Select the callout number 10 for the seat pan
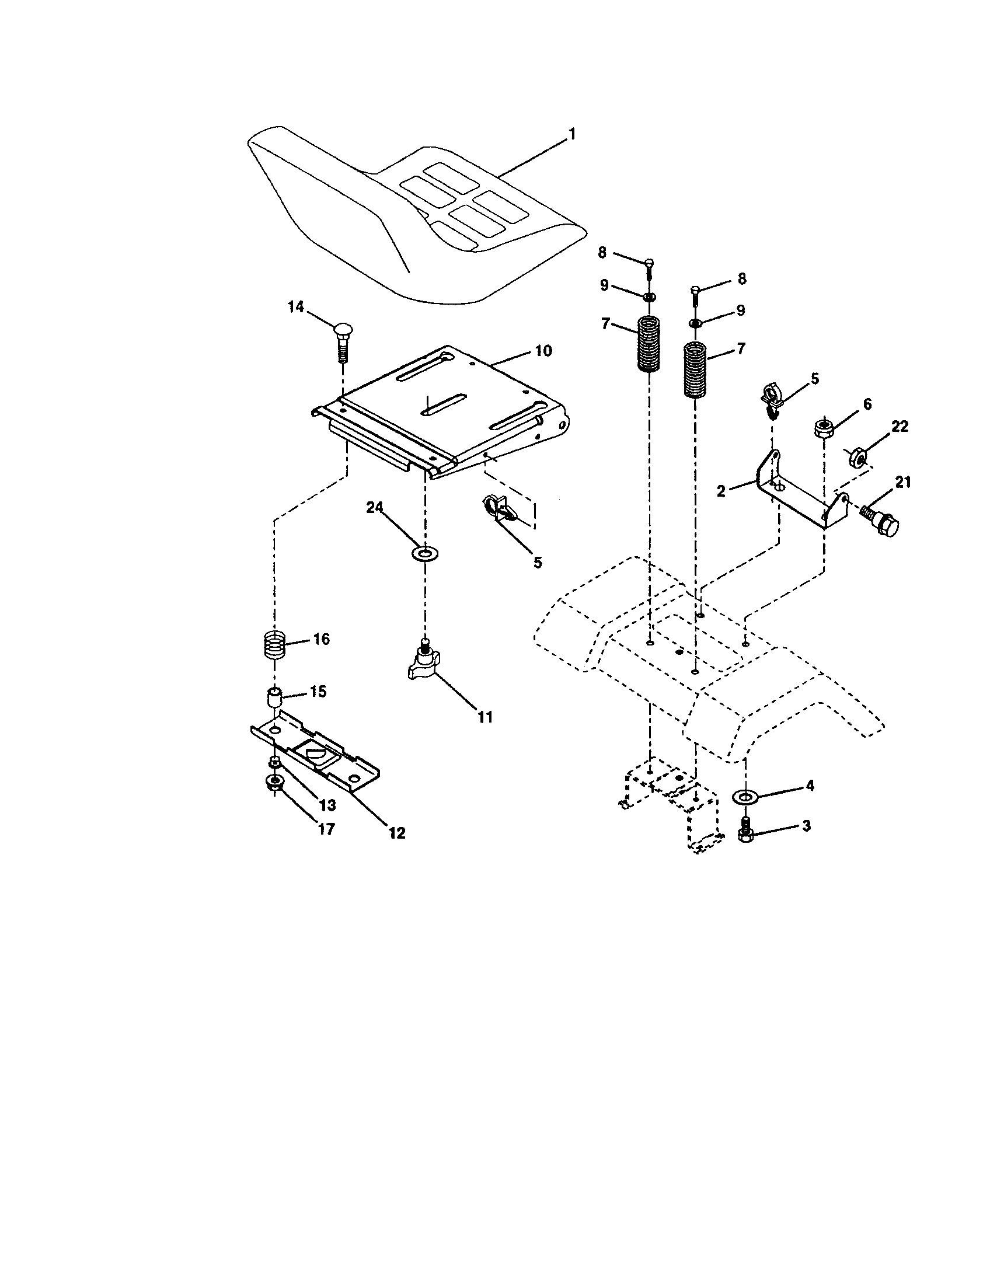tap(543, 351)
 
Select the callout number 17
tap(326, 829)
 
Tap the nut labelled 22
tap(856, 457)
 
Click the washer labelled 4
tap(745, 797)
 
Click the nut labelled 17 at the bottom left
tap(273, 783)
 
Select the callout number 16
tap(321, 639)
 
